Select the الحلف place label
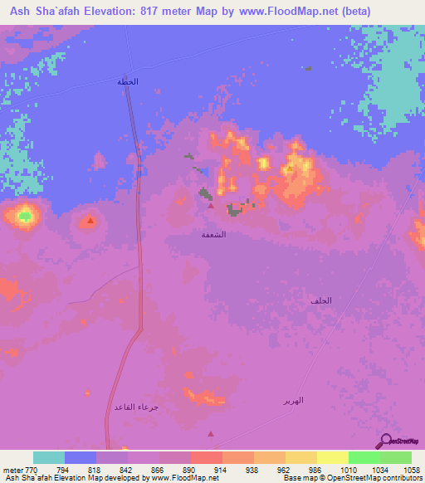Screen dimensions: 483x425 (x=321, y=300)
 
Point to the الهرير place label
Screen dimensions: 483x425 (x=292, y=400)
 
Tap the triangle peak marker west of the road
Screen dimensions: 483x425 (x=90, y=221)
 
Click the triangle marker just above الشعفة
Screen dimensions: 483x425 (x=211, y=207)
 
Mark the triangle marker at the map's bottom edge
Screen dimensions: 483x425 (x=210, y=433)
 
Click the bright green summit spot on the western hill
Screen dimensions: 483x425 (x=25, y=217)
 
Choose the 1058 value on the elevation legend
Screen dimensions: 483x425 (x=411, y=469)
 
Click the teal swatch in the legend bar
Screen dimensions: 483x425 (x=49, y=457)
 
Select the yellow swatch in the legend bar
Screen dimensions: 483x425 (x=332, y=457)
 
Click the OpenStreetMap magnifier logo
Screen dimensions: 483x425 (x=386, y=442)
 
